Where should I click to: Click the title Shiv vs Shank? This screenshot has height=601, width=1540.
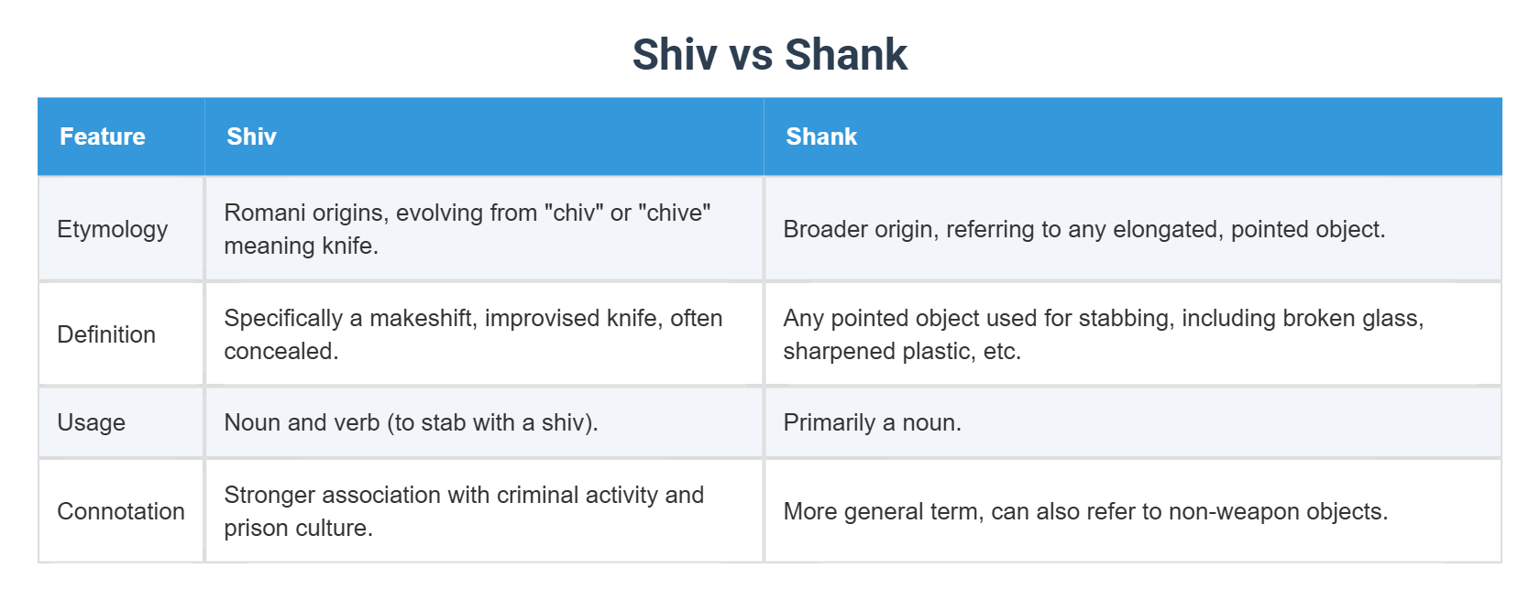point(769,55)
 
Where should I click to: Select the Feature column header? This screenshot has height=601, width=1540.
point(103,137)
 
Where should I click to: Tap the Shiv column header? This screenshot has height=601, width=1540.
point(251,137)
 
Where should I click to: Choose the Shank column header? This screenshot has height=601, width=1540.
point(821,137)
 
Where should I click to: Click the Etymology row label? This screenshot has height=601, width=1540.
point(112,229)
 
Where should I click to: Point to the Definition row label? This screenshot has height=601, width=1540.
point(106,334)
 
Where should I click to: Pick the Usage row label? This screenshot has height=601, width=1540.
point(91,422)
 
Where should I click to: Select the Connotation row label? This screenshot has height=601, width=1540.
point(121,511)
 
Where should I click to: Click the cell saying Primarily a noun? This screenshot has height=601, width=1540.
point(872,422)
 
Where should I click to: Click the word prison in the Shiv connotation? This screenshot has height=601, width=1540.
point(254,529)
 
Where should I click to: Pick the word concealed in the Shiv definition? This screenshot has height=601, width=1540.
point(280,351)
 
